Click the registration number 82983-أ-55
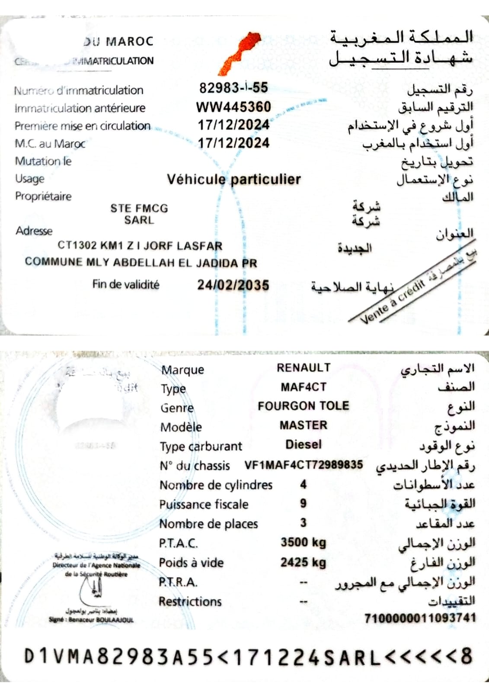coord(233,88)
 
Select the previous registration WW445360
coord(233,107)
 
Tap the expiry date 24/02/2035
coord(233,285)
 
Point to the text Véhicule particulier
coord(233,179)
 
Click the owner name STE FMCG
coord(139,208)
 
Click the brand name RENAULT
coord(304,368)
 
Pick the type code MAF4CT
coord(304,387)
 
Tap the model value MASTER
coord(304,425)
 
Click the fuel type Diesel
coord(304,444)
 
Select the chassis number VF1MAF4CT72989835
coord(304,465)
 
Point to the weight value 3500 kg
coord(304,542)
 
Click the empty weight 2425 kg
coord(304,562)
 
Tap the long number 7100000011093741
coord(420,618)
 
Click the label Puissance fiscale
coord(204,505)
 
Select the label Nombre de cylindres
coord(216,485)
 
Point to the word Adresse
coord(34,231)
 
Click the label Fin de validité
coord(125,285)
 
